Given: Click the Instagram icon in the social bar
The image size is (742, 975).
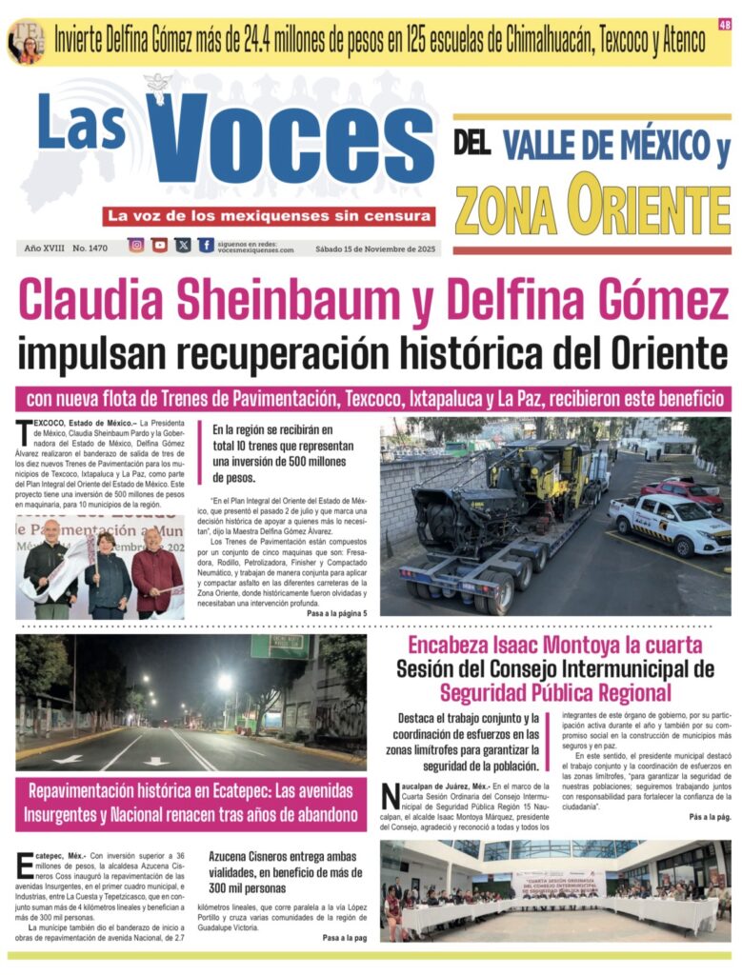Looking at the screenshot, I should tap(136, 245).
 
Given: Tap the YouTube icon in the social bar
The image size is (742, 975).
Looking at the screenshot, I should tap(159, 245).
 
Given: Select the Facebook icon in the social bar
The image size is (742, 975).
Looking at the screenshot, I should tap(206, 245).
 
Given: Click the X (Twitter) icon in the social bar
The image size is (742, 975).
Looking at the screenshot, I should tap(183, 245).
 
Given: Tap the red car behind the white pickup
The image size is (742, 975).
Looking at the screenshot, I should tap(681, 492).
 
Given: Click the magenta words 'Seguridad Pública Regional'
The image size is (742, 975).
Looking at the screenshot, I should tap(555, 692).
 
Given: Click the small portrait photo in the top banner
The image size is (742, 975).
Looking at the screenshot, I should tap(26, 41).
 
